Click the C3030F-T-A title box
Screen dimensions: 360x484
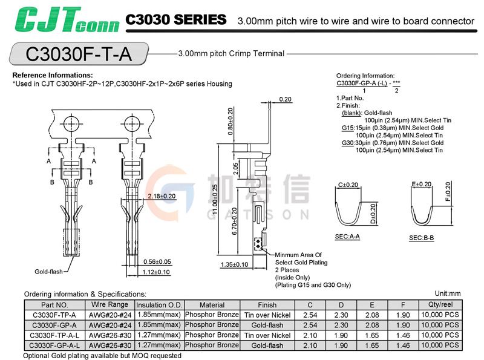point(78,54)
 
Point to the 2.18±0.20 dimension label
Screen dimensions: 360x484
point(161,197)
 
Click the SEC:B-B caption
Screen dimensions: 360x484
point(422,238)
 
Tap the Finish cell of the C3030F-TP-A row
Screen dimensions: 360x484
point(267,315)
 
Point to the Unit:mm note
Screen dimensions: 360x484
point(448,293)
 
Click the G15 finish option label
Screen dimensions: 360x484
point(348,128)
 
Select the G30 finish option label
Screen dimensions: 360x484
point(348,143)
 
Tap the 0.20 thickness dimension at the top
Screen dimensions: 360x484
point(286,99)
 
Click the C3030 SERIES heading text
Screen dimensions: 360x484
point(176,20)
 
